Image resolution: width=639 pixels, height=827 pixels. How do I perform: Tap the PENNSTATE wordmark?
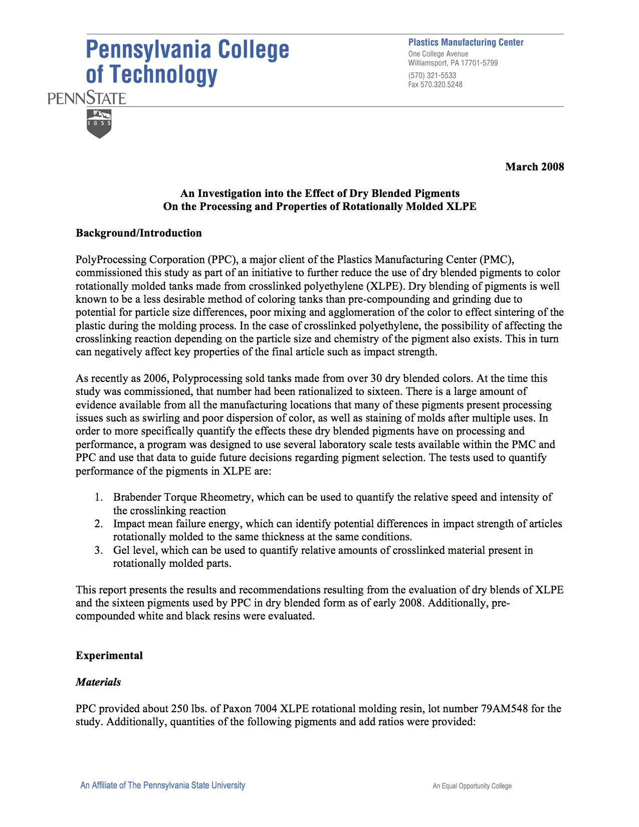pyautogui.click(x=87, y=98)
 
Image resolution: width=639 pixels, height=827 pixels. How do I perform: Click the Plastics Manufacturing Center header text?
pyautogui.click(x=466, y=43)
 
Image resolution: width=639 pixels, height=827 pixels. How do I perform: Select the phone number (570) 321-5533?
pyautogui.click(x=432, y=75)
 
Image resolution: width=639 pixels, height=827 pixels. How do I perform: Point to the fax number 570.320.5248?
pyautogui.click(x=441, y=84)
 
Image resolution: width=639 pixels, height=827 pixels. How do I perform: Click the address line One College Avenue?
pyautogui.click(x=438, y=54)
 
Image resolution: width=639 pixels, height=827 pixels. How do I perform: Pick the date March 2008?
pyautogui.click(x=534, y=167)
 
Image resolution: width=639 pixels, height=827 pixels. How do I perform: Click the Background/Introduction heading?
pyautogui.click(x=139, y=233)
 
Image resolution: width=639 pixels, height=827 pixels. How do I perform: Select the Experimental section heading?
pyautogui.click(x=109, y=656)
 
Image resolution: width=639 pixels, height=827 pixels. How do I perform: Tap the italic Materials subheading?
pyautogui.click(x=98, y=682)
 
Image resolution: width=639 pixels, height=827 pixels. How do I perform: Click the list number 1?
pyautogui.click(x=99, y=497)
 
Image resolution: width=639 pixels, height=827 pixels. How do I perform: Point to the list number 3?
pyautogui.click(x=99, y=550)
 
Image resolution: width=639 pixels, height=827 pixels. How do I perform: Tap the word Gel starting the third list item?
pyautogui.click(x=121, y=550)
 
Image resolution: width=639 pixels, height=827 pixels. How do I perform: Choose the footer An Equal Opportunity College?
pyautogui.click(x=472, y=786)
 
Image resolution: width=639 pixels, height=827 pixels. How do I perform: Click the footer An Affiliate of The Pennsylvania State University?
pyautogui.click(x=163, y=785)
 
